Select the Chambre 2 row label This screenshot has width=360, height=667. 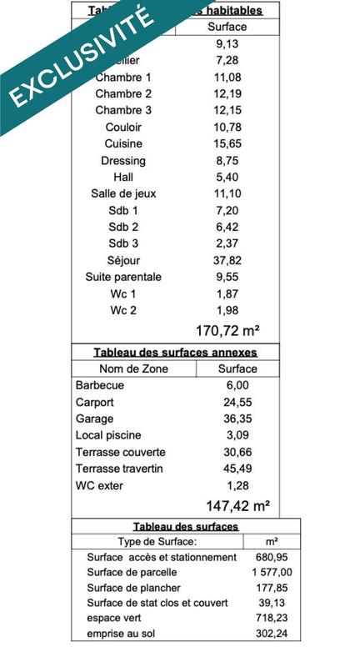123,93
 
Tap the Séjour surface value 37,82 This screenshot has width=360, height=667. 227,260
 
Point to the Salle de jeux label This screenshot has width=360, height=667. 123,193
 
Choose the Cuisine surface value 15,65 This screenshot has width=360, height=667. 227,143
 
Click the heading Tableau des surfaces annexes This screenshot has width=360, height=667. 175,353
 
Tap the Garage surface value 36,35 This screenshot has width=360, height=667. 237,419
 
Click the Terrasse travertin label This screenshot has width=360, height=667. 119,469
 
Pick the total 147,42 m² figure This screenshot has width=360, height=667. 237,505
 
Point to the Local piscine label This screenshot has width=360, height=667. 108,435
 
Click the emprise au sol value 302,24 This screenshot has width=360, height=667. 272,633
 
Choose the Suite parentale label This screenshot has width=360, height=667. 123,277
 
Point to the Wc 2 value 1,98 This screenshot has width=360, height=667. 227,310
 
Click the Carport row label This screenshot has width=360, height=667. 96,402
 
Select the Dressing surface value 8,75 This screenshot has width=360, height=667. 227,160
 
